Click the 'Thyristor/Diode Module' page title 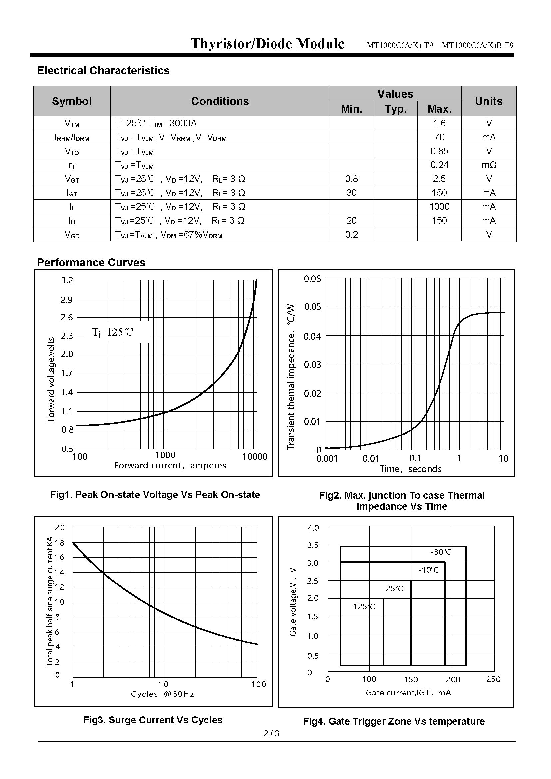pos(268,44)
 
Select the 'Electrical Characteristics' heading pos(103,70)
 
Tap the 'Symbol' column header pos(72,101)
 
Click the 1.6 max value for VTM pos(439,123)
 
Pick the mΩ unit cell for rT pos(489,165)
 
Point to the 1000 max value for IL pos(439,206)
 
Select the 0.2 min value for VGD pos(351,234)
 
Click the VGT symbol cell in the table pos(72,179)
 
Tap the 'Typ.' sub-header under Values pos(396,109)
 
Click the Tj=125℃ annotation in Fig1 pos(113,332)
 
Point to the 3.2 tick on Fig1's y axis pos(67,280)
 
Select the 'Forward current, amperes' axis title pos(170,465)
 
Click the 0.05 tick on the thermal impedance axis pos(312,307)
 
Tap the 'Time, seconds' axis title pos(410,469)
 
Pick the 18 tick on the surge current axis pos(60,543)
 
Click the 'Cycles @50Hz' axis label pos(163,694)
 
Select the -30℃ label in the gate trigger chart pos(441,552)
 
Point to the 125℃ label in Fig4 pos(364,606)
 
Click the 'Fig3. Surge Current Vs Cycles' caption pos(153,720)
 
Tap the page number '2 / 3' pos(272,733)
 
